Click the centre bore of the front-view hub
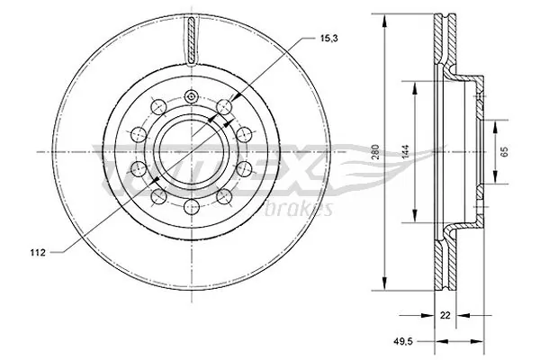(190, 151)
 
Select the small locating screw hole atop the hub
(190, 96)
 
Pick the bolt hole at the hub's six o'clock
(190, 208)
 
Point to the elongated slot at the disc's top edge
(190, 40)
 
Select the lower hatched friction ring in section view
(442, 261)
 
